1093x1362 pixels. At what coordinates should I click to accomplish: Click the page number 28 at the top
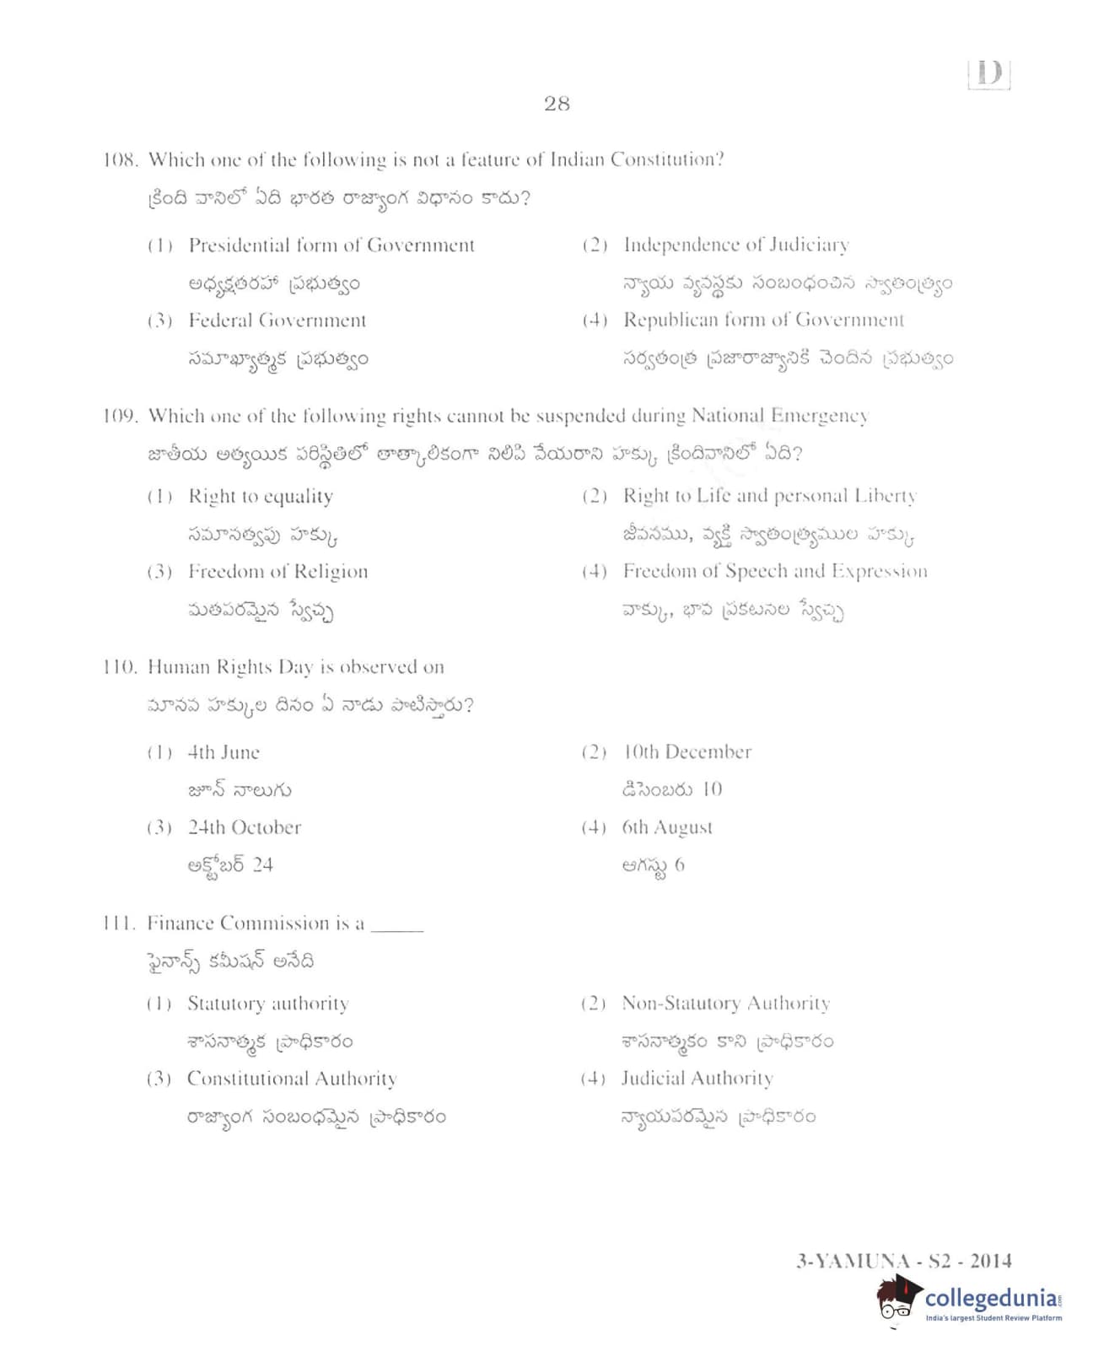557,104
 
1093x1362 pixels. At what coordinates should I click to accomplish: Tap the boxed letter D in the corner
989,73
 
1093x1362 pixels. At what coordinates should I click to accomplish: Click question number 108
120,160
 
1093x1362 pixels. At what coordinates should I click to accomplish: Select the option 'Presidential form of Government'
331,245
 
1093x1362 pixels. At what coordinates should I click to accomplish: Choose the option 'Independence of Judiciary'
735,245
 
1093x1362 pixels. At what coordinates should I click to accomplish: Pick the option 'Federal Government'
277,320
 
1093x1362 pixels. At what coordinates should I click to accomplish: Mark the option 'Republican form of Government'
763,320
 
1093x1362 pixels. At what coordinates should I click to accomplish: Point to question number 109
120,416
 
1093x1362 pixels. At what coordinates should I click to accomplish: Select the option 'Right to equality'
260,496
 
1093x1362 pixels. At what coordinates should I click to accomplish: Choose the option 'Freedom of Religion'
277,572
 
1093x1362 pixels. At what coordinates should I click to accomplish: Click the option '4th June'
223,752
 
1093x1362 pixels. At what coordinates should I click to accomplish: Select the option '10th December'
686,751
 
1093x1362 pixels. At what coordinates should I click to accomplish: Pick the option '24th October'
244,827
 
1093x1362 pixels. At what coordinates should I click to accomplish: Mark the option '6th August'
667,827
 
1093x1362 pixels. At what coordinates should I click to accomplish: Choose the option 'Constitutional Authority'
291,1079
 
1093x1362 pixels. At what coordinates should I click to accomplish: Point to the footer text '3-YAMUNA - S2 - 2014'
904,1261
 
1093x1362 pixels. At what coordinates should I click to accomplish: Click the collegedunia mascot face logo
897,1301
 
